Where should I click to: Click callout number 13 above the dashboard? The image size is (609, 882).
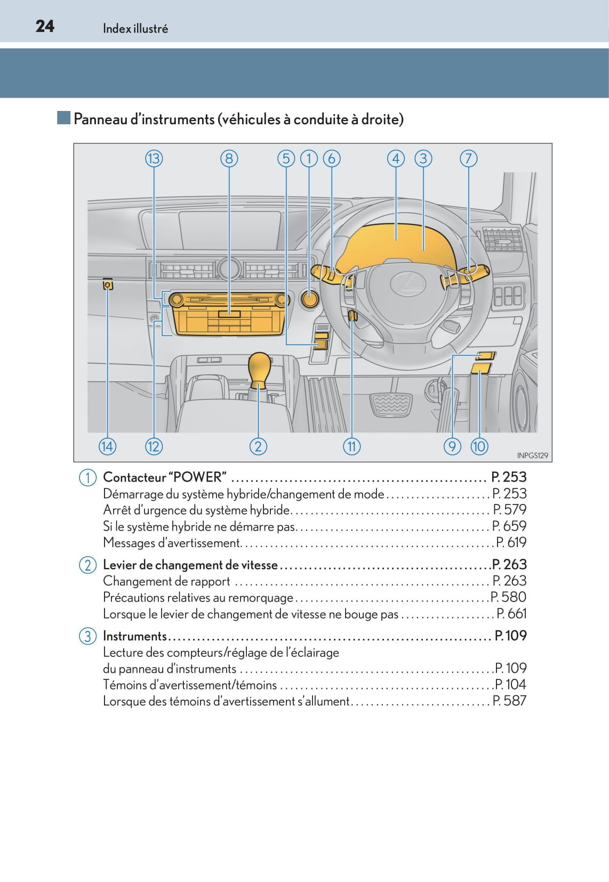click(x=154, y=158)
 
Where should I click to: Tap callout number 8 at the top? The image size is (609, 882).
click(x=229, y=158)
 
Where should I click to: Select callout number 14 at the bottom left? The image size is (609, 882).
click(x=107, y=446)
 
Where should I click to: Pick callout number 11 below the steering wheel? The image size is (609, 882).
click(x=351, y=446)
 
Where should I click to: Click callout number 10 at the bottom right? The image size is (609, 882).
click(x=479, y=446)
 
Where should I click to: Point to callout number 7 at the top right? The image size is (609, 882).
click(x=468, y=158)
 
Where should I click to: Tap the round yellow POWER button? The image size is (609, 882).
click(x=309, y=299)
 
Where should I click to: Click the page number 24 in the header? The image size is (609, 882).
click(x=45, y=26)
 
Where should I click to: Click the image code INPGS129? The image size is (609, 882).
click(x=532, y=455)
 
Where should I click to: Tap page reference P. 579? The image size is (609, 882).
click(x=509, y=510)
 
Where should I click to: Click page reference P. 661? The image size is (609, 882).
click(x=511, y=614)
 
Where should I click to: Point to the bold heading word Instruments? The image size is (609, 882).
click(x=134, y=636)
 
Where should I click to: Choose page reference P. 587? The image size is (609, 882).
click(x=509, y=701)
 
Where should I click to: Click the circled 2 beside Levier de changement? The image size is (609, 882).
click(x=87, y=565)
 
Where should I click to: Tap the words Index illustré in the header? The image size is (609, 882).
click(x=135, y=29)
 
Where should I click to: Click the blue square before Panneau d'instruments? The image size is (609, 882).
click(x=64, y=118)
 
